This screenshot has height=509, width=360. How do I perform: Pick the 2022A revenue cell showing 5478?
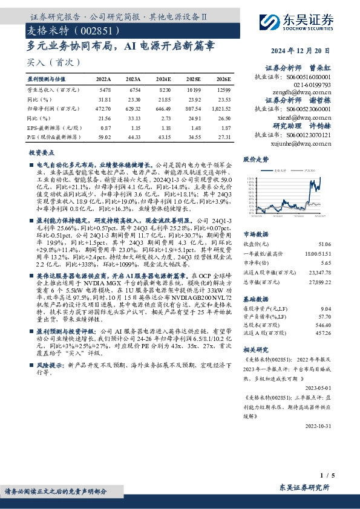[x=104, y=89]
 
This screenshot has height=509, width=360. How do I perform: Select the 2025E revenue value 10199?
[x=194, y=89]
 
